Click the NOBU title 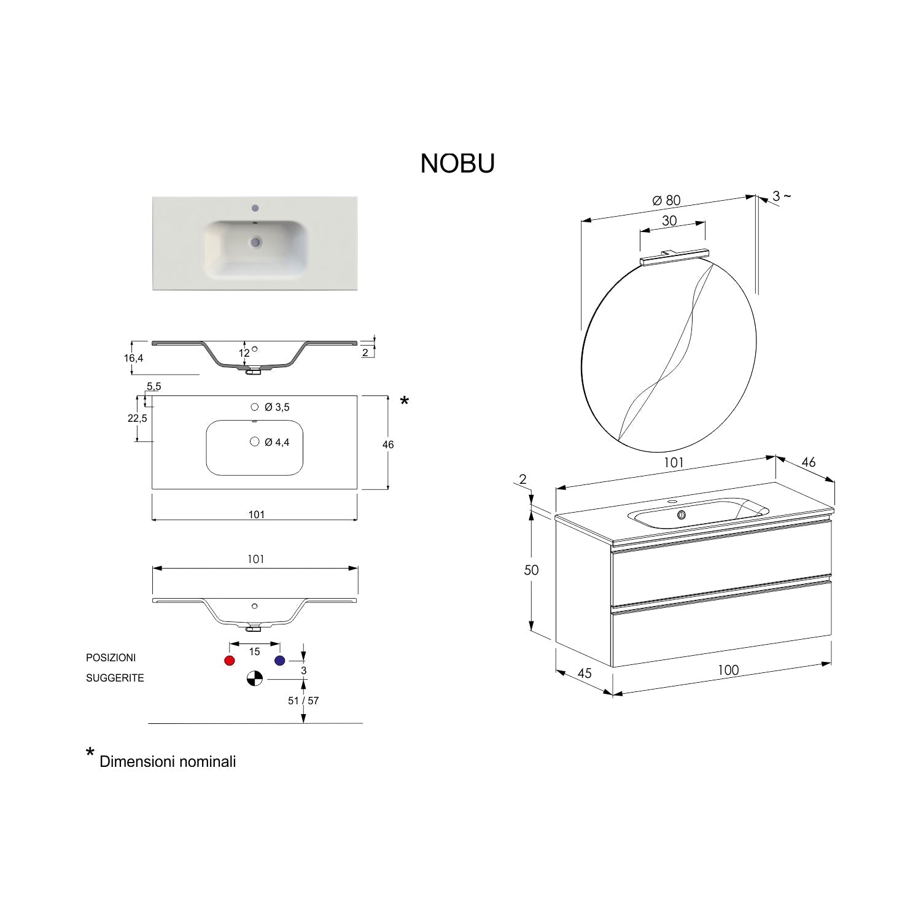(x=457, y=164)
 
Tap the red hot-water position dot (x=230, y=661)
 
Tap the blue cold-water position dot (x=280, y=661)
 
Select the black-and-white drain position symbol (x=255, y=678)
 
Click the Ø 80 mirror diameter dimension (x=666, y=200)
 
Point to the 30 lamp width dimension (x=669, y=221)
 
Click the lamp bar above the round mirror (x=674, y=257)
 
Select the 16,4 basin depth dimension (x=133, y=357)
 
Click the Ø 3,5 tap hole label (x=277, y=407)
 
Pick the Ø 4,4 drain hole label (x=277, y=442)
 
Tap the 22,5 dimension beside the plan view (x=137, y=418)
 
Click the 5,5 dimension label (x=153, y=386)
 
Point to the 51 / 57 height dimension (x=303, y=701)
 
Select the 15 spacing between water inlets (x=255, y=651)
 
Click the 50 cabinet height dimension (x=531, y=570)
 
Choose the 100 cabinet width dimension (x=728, y=670)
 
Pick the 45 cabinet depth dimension (x=585, y=674)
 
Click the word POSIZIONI (x=111, y=658)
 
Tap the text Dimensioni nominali (x=168, y=762)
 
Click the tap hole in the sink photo (x=255, y=208)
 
